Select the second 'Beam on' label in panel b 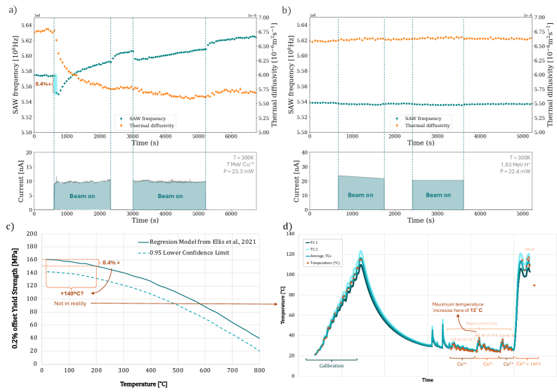[438, 195]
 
